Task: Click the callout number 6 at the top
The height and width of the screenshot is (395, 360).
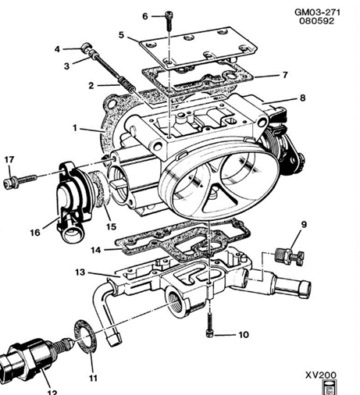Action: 145,16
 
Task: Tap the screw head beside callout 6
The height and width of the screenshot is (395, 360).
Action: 169,14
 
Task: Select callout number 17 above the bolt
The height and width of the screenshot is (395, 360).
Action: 9,159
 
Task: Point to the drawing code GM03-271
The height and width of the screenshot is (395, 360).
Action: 317,12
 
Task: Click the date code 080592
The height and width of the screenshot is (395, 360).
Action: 316,21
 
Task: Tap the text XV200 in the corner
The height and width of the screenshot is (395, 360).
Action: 321,375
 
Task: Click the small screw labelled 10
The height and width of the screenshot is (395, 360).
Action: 209,324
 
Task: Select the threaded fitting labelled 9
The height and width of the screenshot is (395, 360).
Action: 290,257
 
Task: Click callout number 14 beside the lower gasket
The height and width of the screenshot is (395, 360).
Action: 95,250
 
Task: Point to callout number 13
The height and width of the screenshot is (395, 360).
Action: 80,272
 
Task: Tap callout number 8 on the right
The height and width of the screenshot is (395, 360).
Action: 302,98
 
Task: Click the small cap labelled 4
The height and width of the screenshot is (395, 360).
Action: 86,46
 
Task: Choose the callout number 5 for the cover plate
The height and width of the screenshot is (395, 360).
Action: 121,35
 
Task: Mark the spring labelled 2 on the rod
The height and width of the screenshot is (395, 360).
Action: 126,84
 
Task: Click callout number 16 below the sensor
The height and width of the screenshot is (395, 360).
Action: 35,233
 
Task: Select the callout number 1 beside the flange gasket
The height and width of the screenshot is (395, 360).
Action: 75,128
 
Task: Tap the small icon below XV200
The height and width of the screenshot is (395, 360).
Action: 329,387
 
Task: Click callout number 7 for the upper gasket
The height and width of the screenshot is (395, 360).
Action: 285,75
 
